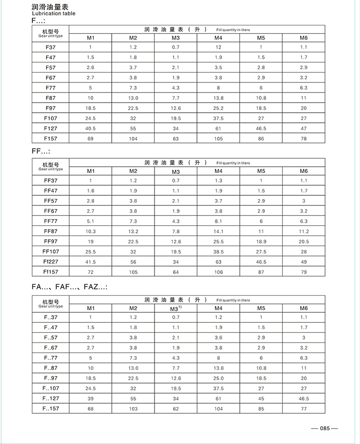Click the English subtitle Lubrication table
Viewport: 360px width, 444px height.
coord(53,14)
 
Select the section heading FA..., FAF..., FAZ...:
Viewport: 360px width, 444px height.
coord(69,286)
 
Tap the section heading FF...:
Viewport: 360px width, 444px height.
coord(41,151)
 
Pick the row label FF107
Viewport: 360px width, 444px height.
coord(51,251)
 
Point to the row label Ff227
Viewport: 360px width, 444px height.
coord(51,261)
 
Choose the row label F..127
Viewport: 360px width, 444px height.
coord(51,398)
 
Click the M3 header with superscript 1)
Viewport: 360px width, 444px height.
coord(176,308)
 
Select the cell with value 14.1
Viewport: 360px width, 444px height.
coord(218,231)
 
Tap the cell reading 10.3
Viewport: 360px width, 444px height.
coord(91,231)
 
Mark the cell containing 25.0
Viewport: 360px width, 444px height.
coord(218,378)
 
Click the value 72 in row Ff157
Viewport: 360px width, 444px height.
coord(91,272)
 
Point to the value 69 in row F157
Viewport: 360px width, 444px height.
coord(91,138)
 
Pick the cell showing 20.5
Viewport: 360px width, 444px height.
coord(303,241)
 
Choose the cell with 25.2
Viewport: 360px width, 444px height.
coord(218,107)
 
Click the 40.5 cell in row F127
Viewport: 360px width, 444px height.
coord(91,128)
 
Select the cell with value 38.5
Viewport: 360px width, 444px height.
coord(218,251)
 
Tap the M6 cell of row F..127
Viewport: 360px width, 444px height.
coord(303,398)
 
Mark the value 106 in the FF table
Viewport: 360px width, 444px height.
coord(218,272)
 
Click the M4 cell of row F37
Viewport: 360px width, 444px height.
coord(218,47)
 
